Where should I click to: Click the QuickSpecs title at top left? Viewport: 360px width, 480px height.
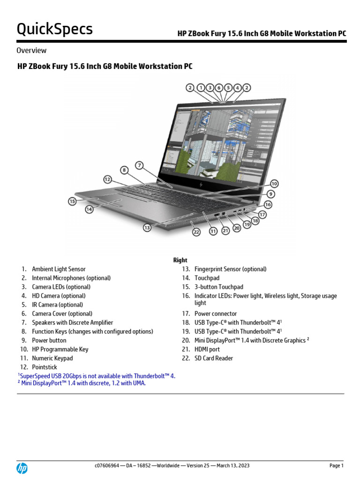click(54, 29)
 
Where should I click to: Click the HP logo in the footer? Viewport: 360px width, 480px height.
click(22, 468)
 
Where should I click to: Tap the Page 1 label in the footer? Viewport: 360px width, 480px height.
click(336, 465)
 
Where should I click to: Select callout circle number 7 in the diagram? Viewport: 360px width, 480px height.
click(139, 165)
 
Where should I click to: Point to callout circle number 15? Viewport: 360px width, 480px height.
click(72, 201)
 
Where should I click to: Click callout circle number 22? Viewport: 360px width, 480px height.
click(196, 232)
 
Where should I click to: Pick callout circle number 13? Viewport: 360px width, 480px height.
click(147, 227)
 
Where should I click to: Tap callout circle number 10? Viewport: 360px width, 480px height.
click(274, 184)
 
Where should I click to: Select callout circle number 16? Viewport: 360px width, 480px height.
click(268, 204)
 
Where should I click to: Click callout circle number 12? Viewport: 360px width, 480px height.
click(108, 179)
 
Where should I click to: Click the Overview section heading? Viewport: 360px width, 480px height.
click(31, 50)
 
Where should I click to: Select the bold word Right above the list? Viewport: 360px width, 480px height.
click(180, 260)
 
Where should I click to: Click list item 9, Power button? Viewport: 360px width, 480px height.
click(49, 340)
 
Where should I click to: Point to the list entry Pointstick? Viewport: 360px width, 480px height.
click(44, 367)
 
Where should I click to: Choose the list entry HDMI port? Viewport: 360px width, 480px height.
click(207, 349)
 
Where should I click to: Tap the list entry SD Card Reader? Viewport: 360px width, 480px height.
click(213, 358)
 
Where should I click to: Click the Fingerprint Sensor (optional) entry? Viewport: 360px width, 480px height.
click(230, 269)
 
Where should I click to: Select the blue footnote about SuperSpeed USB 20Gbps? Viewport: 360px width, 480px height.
click(97, 376)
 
